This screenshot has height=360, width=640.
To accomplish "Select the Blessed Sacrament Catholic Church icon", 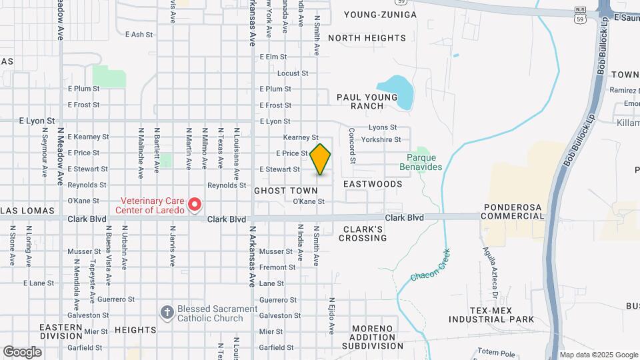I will pos(167,311).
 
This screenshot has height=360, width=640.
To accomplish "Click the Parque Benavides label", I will pos(425,162).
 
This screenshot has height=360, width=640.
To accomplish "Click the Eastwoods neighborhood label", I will pos(373,183).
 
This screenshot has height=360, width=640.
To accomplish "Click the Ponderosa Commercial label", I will pos(518,211).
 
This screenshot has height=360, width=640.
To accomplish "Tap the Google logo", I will pos(22,351).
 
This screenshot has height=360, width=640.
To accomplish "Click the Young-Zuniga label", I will pos(381,15).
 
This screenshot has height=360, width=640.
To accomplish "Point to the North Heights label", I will pos(367,38).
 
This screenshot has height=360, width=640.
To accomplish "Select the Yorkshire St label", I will pos(381,140).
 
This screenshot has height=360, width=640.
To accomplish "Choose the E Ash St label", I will pos(139,34).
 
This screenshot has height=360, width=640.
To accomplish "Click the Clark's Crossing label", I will pos(364,233).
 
